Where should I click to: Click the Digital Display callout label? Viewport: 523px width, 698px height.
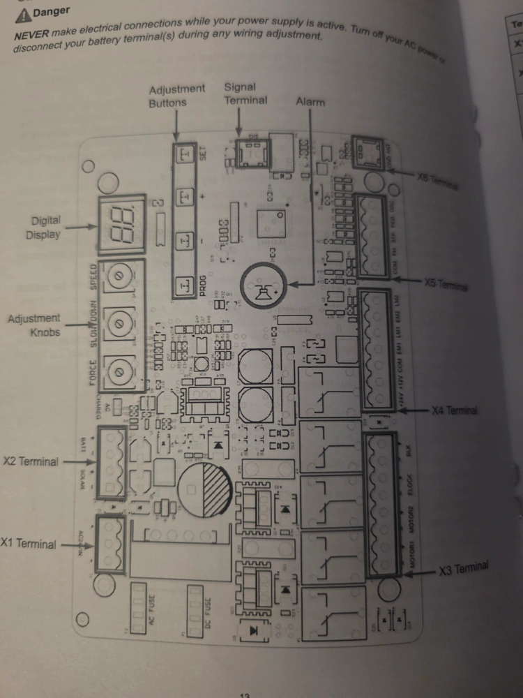point(43,227)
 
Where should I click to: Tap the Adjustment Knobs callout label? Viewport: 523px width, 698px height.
point(34,325)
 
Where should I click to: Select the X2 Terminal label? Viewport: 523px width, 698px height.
point(29,461)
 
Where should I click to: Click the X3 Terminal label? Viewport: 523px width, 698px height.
point(464,569)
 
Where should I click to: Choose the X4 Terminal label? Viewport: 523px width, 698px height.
point(455,410)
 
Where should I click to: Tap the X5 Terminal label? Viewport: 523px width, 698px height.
point(446,285)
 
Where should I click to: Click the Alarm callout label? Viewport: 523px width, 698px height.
point(310,102)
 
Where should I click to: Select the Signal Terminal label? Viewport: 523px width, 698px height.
point(245,94)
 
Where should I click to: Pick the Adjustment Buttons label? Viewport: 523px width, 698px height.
point(177,96)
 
